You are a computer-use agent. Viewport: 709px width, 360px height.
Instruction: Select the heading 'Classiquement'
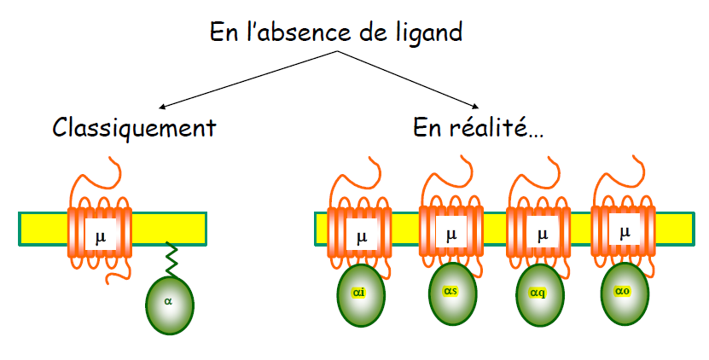[134, 129]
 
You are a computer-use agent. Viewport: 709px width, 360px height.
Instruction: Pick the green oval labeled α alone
[169, 301]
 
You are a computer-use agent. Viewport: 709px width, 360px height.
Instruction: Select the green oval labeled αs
[452, 292]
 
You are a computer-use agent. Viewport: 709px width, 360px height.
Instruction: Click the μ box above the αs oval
[451, 231]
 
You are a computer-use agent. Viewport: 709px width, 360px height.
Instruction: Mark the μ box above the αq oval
[541, 233]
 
